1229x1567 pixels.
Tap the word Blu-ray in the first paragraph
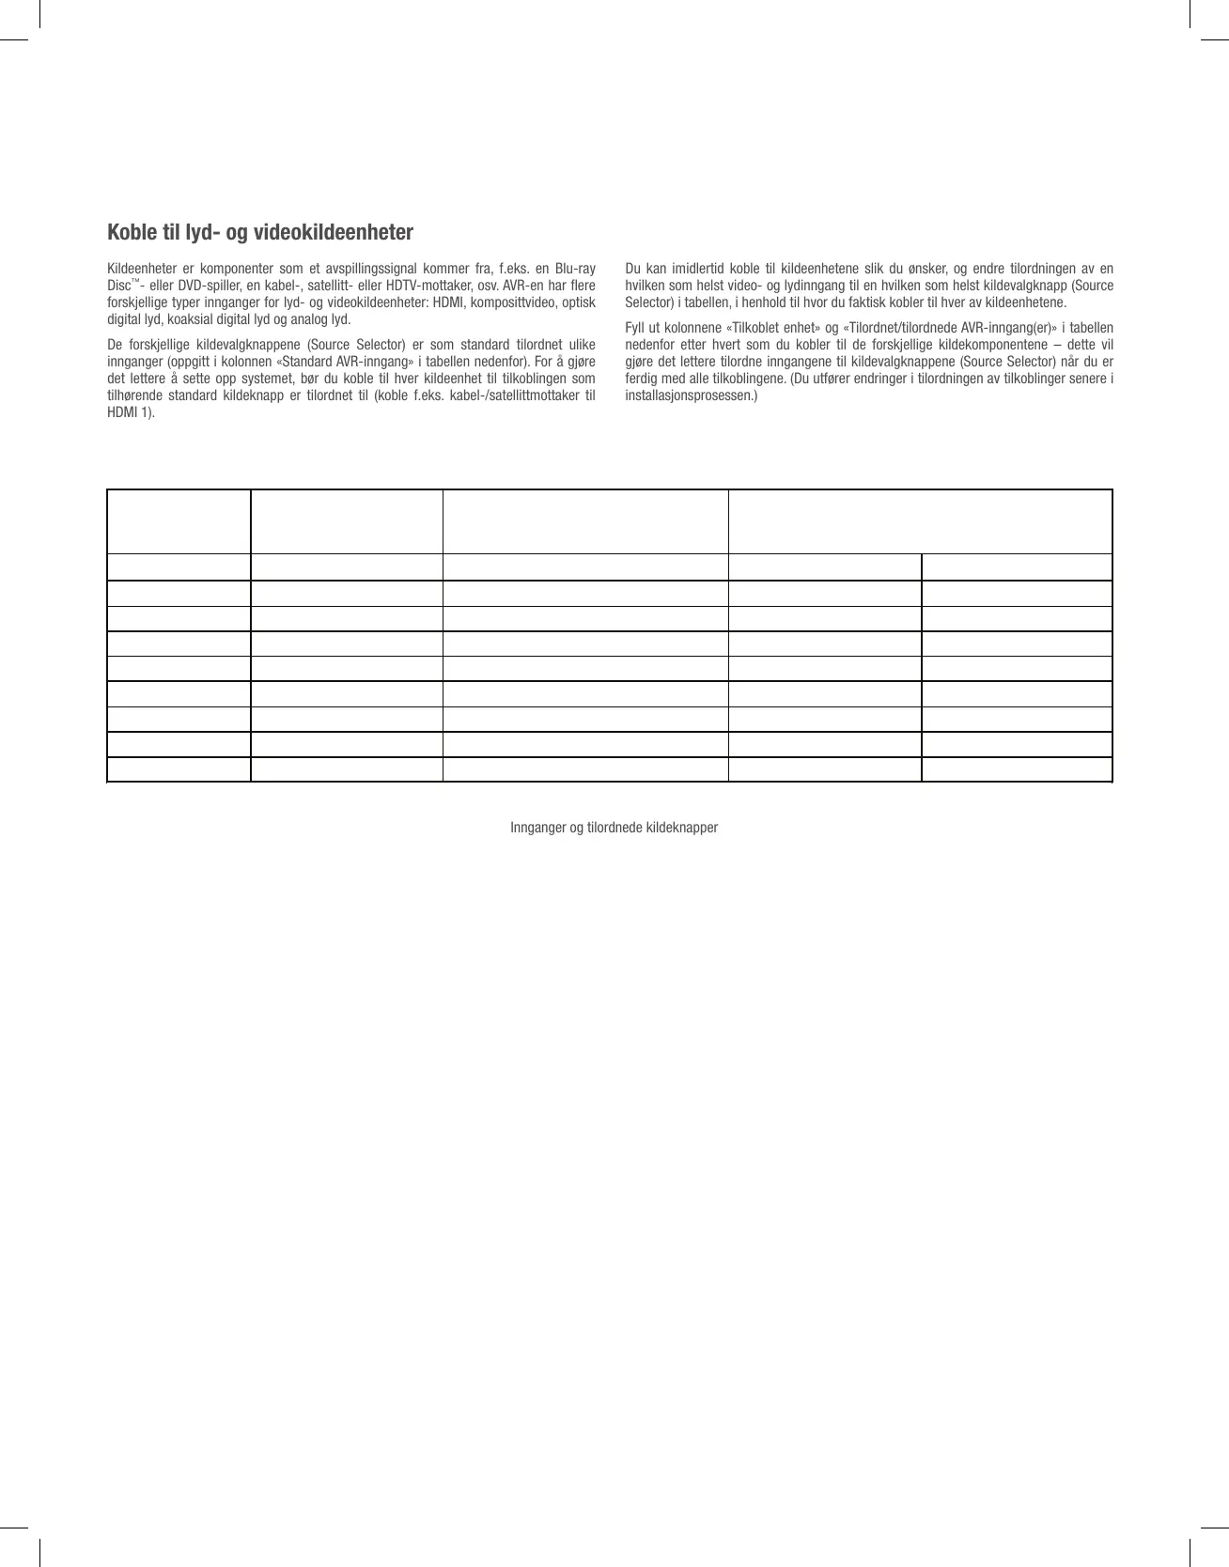575,269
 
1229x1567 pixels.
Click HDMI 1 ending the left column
131,412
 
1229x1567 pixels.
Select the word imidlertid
694,269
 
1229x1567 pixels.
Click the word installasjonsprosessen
689,396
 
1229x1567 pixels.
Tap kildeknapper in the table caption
682,828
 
